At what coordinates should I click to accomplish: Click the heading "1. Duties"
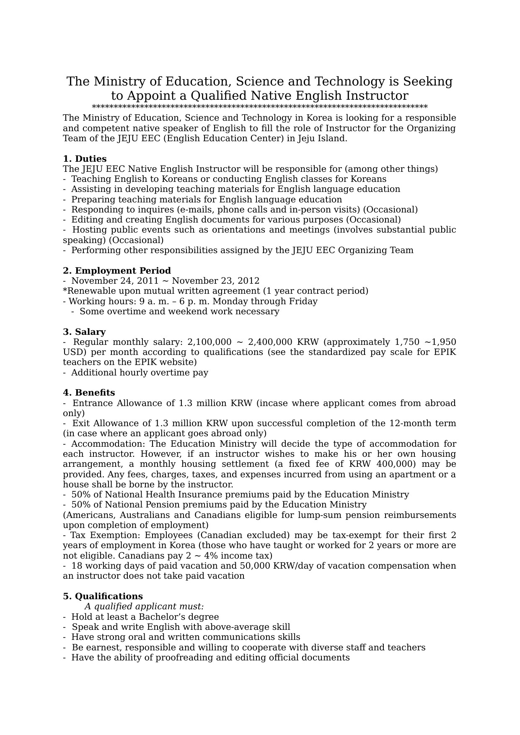85,159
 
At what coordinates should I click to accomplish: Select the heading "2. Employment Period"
117,271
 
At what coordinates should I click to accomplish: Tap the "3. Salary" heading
84,332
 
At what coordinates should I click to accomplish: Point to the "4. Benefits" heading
89,393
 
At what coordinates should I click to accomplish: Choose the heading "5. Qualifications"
103,596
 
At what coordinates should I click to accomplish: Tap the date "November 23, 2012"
215,281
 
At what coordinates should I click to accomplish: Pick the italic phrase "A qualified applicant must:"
144,606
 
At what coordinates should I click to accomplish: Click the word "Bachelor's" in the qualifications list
160,617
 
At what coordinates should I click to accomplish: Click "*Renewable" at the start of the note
87,291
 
